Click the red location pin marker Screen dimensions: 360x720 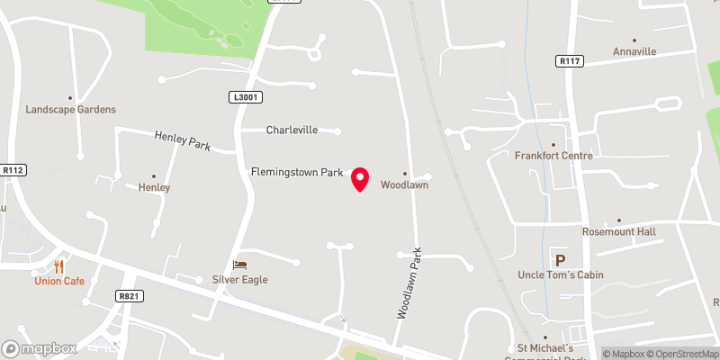click(x=360, y=179)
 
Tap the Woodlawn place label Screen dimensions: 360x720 click(x=403, y=185)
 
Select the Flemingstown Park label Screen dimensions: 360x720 click(x=297, y=171)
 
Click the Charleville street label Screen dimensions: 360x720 click(x=292, y=130)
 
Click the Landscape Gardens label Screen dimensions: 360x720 click(x=70, y=109)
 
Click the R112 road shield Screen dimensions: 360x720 click(x=13, y=169)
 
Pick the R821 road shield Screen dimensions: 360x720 click(x=129, y=295)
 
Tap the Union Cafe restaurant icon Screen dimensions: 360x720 click(x=59, y=265)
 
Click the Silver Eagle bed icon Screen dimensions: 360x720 click(x=239, y=265)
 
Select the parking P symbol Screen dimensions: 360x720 click(x=560, y=261)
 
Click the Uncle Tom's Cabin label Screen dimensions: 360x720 click(x=561, y=274)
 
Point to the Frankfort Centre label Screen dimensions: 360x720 click(x=553, y=155)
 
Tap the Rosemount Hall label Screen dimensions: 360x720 click(x=618, y=231)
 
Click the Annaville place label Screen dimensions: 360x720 click(x=635, y=51)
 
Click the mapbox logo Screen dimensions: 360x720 click(x=40, y=348)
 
